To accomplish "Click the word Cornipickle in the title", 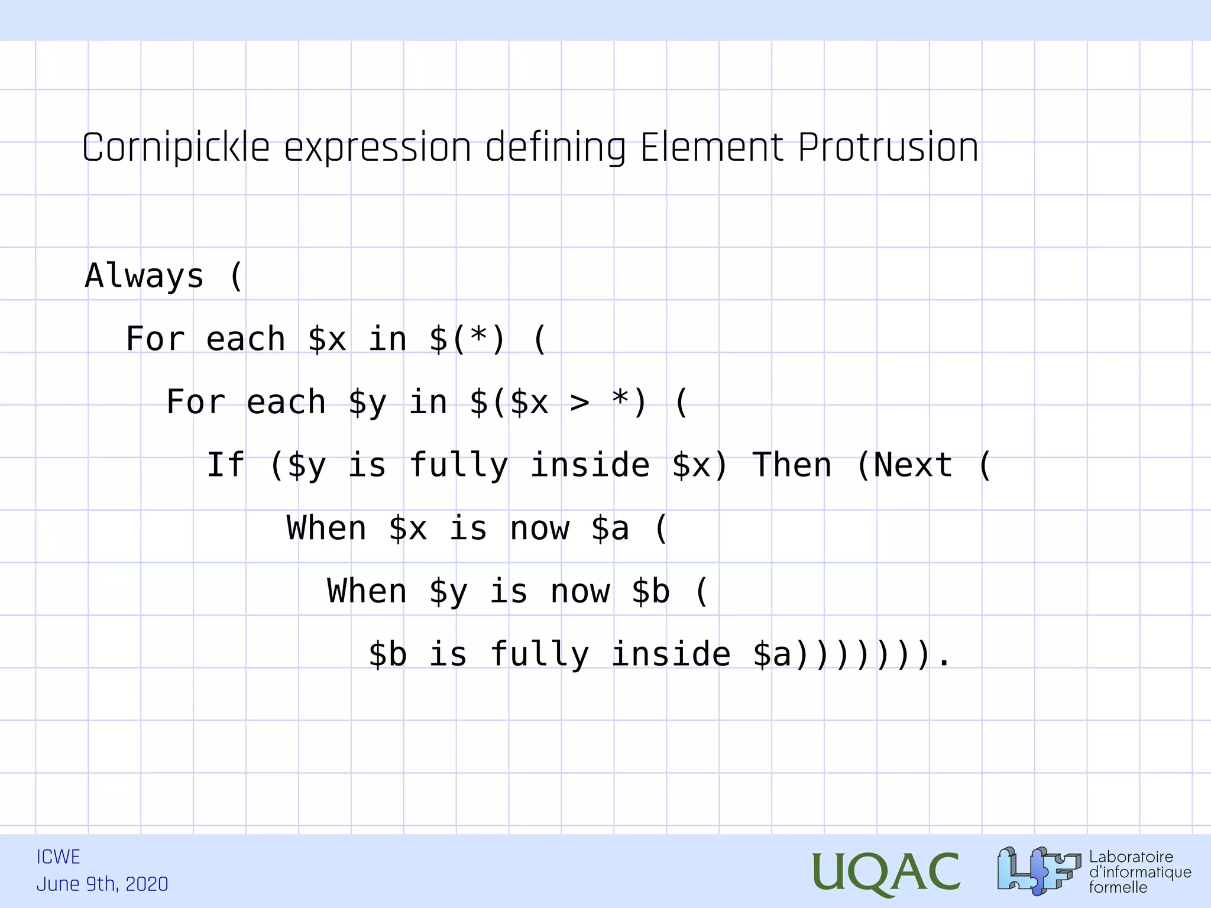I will click(176, 148).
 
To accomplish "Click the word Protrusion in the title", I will click(888, 148).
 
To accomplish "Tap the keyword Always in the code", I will click(144, 276).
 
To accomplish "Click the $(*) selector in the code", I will click(468, 339).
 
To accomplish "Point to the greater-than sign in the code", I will click(579, 403).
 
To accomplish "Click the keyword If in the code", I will click(225, 465).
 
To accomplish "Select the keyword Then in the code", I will click(792, 465).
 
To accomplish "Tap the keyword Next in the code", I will click(913, 465).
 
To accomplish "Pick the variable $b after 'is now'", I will click(650, 592).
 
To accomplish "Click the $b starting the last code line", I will click(388, 655).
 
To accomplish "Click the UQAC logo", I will click(885, 873).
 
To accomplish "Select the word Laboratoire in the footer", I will click(1131, 857).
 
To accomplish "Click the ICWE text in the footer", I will click(58, 857).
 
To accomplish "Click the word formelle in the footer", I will click(1118, 887).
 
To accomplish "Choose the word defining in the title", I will click(555, 148).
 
